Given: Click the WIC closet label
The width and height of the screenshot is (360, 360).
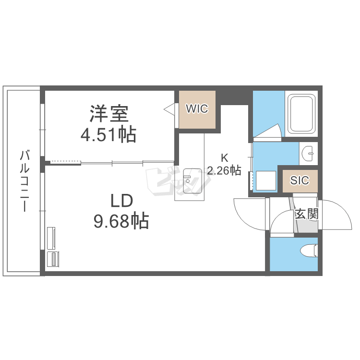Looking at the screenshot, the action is tap(197, 108).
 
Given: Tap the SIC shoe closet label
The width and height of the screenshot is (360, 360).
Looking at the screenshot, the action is tap(300, 180).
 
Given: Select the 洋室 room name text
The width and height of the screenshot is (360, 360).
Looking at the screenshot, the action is tap(108, 113).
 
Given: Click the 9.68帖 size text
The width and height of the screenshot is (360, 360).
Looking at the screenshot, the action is tap(121, 221).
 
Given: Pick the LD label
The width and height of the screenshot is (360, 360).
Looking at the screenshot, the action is tap(122, 201).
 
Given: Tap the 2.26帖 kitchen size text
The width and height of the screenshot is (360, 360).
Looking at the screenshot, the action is tap(224, 170).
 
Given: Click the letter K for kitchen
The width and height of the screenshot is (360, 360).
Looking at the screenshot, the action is tap(224, 158).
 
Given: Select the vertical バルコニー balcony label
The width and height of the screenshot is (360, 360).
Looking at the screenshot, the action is tap(24, 180).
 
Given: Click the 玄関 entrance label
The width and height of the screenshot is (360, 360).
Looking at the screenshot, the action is tap(307, 214).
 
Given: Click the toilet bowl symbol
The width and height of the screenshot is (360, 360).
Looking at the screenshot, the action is tap(309, 251).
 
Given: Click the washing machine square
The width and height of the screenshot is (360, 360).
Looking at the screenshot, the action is tap(266, 180).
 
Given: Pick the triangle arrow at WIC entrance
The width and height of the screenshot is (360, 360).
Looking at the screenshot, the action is tap(169, 108).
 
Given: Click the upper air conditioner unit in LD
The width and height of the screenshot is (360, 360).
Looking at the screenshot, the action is tap(51, 238).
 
